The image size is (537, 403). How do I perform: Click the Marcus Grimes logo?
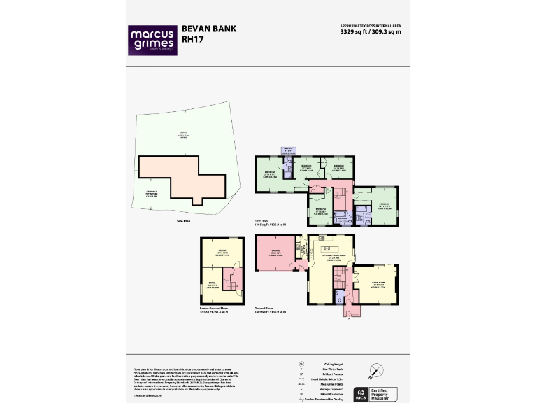click(151, 40)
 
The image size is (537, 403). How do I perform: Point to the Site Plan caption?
click(183, 221)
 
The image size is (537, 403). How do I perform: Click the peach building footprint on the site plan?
click(180, 175)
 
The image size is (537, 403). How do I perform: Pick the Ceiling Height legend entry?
click(334, 363)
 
